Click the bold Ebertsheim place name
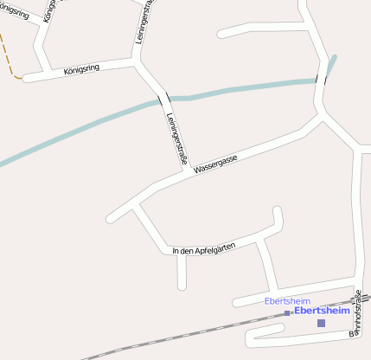pos(322,310)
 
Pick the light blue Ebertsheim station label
pos(286,300)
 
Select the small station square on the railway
pos(287,313)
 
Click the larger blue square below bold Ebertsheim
pos(321,323)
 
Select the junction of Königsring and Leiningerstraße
pos(136,63)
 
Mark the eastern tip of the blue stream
pos(334,58)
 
